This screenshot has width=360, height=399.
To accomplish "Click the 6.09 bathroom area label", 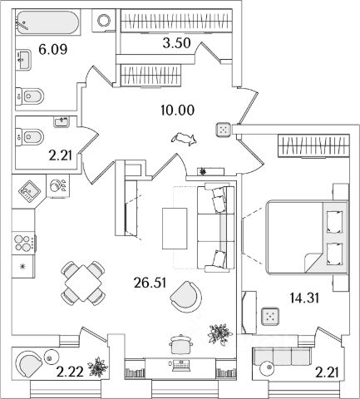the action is tap(53, 50).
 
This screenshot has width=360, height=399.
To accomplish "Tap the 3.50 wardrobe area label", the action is tap(176, 43).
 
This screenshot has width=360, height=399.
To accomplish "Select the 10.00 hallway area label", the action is tap(177, 110).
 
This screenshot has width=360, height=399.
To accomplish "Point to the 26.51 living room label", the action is tap(150, 283).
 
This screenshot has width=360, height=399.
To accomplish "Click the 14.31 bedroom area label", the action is tap(304, 298).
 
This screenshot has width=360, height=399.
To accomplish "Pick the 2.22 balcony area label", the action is tap(70, 372).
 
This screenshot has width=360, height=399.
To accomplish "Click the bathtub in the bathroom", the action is tap(47, 22).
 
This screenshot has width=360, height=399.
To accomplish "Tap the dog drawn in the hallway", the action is tap(185, 139).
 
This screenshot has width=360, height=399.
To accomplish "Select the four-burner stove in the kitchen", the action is tap(22, 243).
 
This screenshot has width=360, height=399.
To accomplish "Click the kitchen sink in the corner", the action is tap(29, 190).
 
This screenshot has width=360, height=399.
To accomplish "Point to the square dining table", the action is tap(83, 283).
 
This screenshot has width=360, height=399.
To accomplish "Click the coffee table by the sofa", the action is tap(175, 229).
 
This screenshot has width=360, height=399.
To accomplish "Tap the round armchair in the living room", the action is tap(186, 297).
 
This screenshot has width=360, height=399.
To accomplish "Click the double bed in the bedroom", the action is tap(307, 238).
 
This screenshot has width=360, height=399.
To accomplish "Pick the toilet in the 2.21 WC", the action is tap(30, 136).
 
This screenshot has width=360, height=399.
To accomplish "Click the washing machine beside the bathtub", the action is tap(104, 21).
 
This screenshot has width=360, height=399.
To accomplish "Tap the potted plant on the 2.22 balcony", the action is tap(98, 367).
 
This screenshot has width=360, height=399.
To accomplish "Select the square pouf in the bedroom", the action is tap(270, 316).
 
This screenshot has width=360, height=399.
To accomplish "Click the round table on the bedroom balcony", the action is tap(267, 368).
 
